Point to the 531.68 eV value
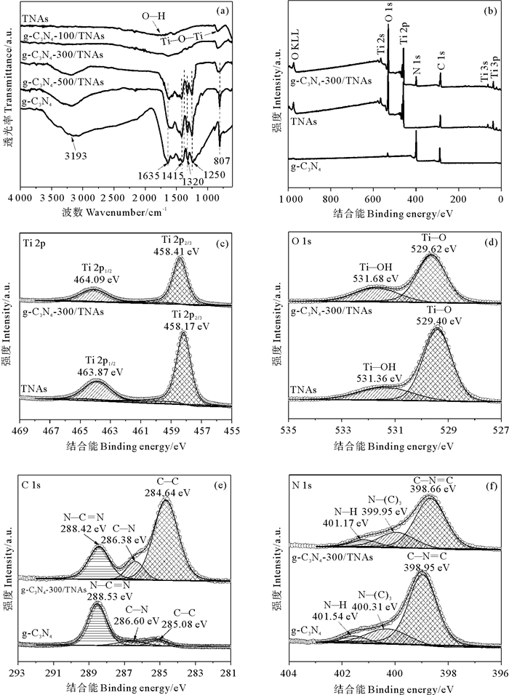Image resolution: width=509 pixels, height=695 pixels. point(377,278)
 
